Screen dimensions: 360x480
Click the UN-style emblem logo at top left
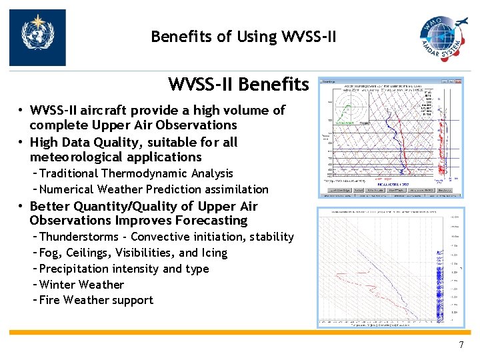click(x=37, y=37)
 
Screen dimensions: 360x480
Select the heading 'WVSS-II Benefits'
click(x=238, y=85)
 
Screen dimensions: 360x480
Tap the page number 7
click(x=461, y=345)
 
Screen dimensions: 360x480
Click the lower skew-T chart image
click(x=391, y=267)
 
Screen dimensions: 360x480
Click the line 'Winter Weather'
click(x=81, y=285)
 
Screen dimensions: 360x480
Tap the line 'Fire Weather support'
click(x=96, y=300)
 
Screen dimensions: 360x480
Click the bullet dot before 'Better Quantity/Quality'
click(x=21, y=207)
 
